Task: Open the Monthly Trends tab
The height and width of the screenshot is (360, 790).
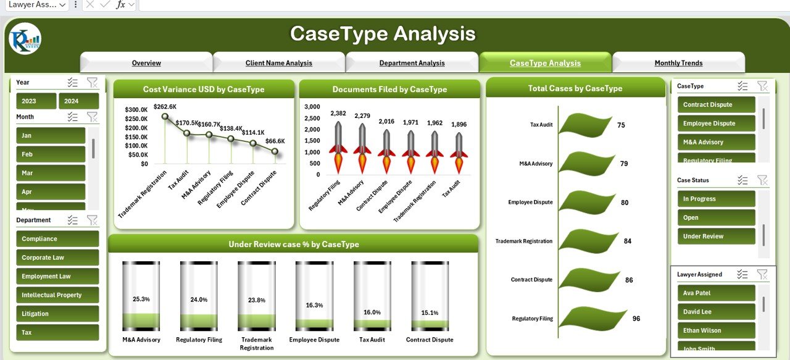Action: [678, 63]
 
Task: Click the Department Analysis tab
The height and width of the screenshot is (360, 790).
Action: [412, 63]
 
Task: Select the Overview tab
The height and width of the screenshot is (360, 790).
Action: [146, 63]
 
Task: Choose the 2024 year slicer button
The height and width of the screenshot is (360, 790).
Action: [78, 101]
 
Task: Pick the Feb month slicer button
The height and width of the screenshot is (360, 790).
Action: [51, 154]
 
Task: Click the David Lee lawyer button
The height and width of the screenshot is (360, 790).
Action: [716, 312]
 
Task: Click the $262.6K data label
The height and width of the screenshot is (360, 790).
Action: [165, 106]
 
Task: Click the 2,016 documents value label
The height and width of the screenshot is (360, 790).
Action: [386, 122]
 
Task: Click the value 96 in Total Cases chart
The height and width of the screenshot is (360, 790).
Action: [636, 319]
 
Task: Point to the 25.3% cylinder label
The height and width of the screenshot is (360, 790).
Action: [141, 299]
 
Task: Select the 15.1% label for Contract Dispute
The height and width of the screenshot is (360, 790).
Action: [430, 313]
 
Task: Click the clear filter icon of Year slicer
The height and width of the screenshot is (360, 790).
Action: [92, 82]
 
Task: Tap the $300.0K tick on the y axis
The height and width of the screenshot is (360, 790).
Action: [136, 110]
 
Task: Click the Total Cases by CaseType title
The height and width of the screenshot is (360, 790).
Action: [575, 88]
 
